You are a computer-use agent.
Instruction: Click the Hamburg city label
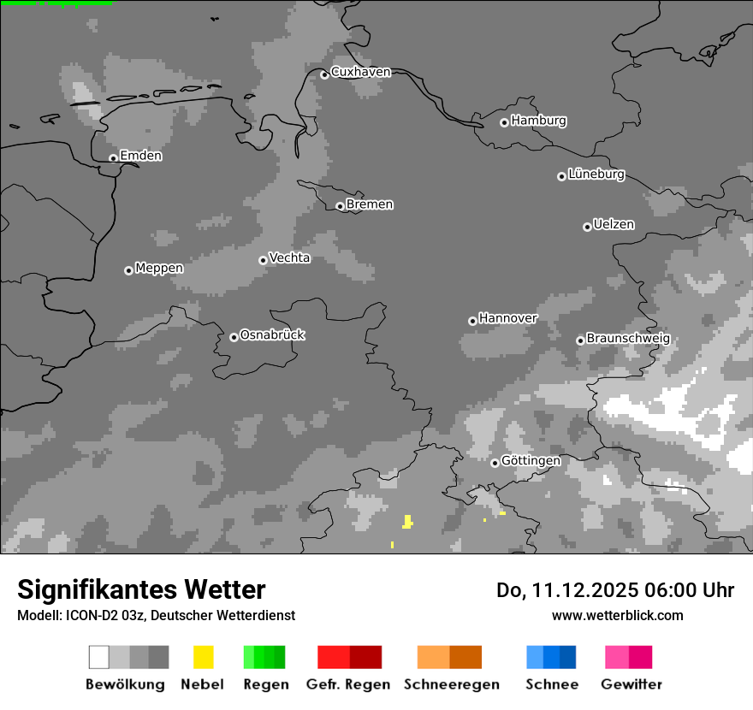pos(538,121)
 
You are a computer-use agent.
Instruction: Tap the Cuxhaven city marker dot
pos(324,74)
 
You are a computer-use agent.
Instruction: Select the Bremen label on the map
pos(370,204)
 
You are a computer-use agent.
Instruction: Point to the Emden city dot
pos(113,157)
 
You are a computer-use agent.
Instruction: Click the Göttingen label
pos(531,460)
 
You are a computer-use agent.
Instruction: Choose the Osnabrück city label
pos(272,334)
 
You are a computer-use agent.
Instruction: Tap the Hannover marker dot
pos(472,321)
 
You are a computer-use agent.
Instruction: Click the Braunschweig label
pos(628,338)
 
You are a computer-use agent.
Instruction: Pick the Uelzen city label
pos(614,224)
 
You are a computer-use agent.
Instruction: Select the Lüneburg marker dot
pos(561,176)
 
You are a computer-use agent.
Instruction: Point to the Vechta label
pos(289,257)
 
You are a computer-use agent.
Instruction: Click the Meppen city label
pos(159,268)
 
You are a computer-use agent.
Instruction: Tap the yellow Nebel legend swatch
pos(203,657)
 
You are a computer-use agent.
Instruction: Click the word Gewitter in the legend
pos(631,684)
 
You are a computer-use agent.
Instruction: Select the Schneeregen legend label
pos(452,684)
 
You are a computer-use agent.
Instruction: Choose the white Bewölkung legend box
pos(98,657)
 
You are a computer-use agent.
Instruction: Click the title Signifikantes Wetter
pos(141,589)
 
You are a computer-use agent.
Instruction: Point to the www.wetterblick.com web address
pos(617,615)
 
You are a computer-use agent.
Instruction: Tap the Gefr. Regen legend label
pos(348,684)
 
